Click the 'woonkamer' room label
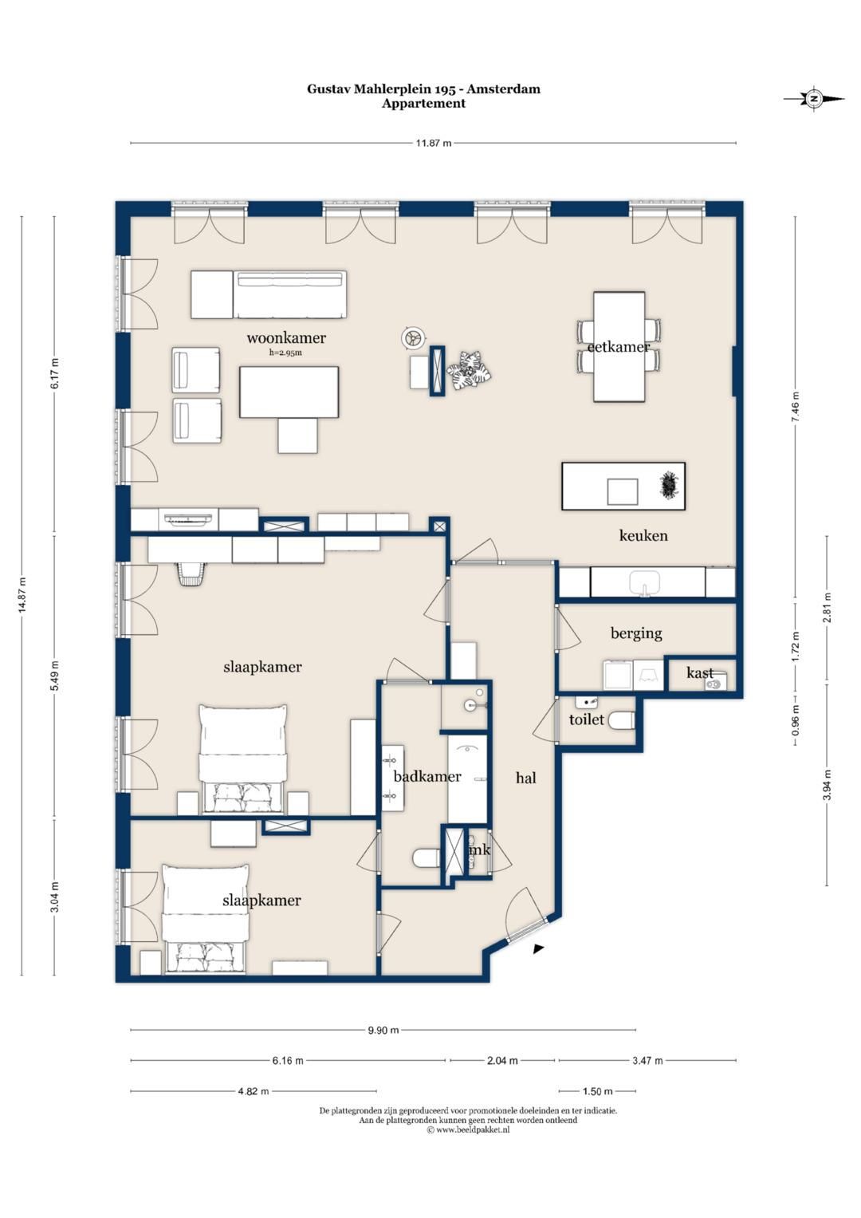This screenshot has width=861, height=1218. [x=286, y=337]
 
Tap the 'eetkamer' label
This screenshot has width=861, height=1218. [x=619, y=346]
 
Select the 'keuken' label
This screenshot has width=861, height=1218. [x=643, y=535]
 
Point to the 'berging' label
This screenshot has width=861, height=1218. [x=636, y=633]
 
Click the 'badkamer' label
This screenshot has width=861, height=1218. [x=427, y=776]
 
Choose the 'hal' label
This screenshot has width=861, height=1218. [x=525, y=778]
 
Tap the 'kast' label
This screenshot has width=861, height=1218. [x=700, y=673]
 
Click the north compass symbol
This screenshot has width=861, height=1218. [x=814, y=99]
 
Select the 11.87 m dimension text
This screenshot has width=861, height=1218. [x=433, y=144]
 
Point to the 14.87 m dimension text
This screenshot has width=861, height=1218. [x=22, y=595]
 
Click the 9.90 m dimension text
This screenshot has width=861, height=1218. [x=383, y=1030]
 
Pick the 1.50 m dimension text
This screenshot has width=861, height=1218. [x=597, y=1090]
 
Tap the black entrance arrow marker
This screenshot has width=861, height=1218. [x=538, y=948]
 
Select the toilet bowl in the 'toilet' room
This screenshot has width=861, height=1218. [x=621, y=721]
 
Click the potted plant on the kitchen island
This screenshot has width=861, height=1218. [x=667, y=485]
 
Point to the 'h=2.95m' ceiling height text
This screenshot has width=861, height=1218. [x=285, y=353]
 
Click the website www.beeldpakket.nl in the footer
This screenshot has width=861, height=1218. [x=468, y=1129]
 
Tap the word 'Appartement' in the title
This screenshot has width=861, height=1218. [x=423, y=104]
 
